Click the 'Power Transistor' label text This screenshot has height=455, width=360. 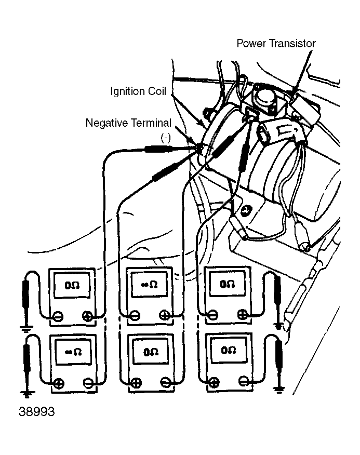[276, 43]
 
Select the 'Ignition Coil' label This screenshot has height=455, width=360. [138, 92]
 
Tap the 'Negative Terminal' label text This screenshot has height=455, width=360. [128, 124]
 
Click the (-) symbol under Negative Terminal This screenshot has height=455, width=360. [166, 136]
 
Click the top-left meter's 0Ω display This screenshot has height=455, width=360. [72, 285]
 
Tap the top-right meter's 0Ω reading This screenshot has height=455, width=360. [228, 285]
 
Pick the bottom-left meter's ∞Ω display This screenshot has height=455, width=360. [72, 352]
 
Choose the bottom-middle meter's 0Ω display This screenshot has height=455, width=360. [150, 352]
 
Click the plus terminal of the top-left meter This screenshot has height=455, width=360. [87, 315]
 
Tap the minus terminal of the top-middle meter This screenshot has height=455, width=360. [135, 315]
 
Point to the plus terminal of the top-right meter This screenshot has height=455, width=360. [243, 315]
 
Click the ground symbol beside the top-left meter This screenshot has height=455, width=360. [24, 327]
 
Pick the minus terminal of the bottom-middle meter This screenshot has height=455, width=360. [165, 383]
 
